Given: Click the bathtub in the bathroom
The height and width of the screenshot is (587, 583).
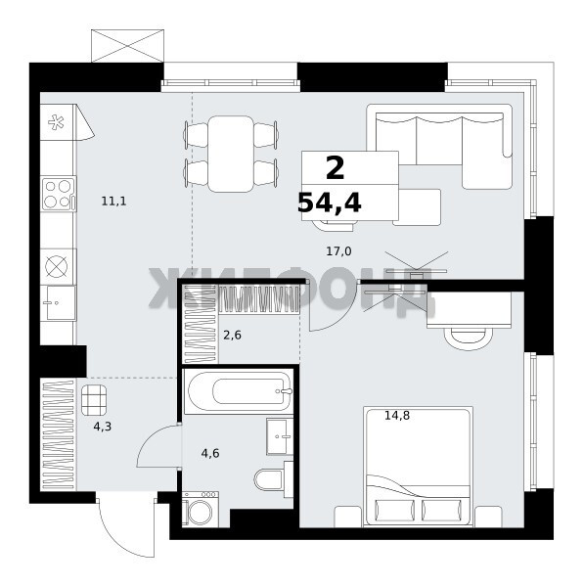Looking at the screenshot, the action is (x=240, y=391).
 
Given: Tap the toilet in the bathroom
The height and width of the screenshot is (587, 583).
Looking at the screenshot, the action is (x=273, y=479).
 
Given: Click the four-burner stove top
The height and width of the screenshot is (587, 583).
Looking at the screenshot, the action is (x=59, y=194).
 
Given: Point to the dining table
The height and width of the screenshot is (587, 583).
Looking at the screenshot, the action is (x=231, y=154).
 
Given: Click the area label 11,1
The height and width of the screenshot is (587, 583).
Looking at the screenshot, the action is (x=113, y=202).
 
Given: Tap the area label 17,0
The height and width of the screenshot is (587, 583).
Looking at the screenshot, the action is (x=338, y=251).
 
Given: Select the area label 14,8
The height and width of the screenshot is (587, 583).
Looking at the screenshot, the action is (x=397, y=415).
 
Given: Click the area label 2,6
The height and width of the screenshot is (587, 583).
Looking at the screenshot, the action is (x=232, y=335).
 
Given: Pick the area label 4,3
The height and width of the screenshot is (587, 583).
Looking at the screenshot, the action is (x=102, y=426).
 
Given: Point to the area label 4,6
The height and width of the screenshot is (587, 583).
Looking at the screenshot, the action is (x=210, y=453).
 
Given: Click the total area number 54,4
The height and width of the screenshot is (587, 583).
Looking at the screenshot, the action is (x=330, y=203).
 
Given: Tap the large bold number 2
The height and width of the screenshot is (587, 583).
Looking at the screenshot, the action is (x=335, y=168).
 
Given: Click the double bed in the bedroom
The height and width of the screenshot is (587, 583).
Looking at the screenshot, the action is (x=418, y=467).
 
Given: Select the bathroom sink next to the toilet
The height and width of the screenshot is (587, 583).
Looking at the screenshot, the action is (x=280, y=436).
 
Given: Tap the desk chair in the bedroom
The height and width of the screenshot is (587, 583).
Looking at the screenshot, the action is (x=469, y=339).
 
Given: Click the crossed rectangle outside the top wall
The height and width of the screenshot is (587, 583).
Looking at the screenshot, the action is (x=127, y=46).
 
